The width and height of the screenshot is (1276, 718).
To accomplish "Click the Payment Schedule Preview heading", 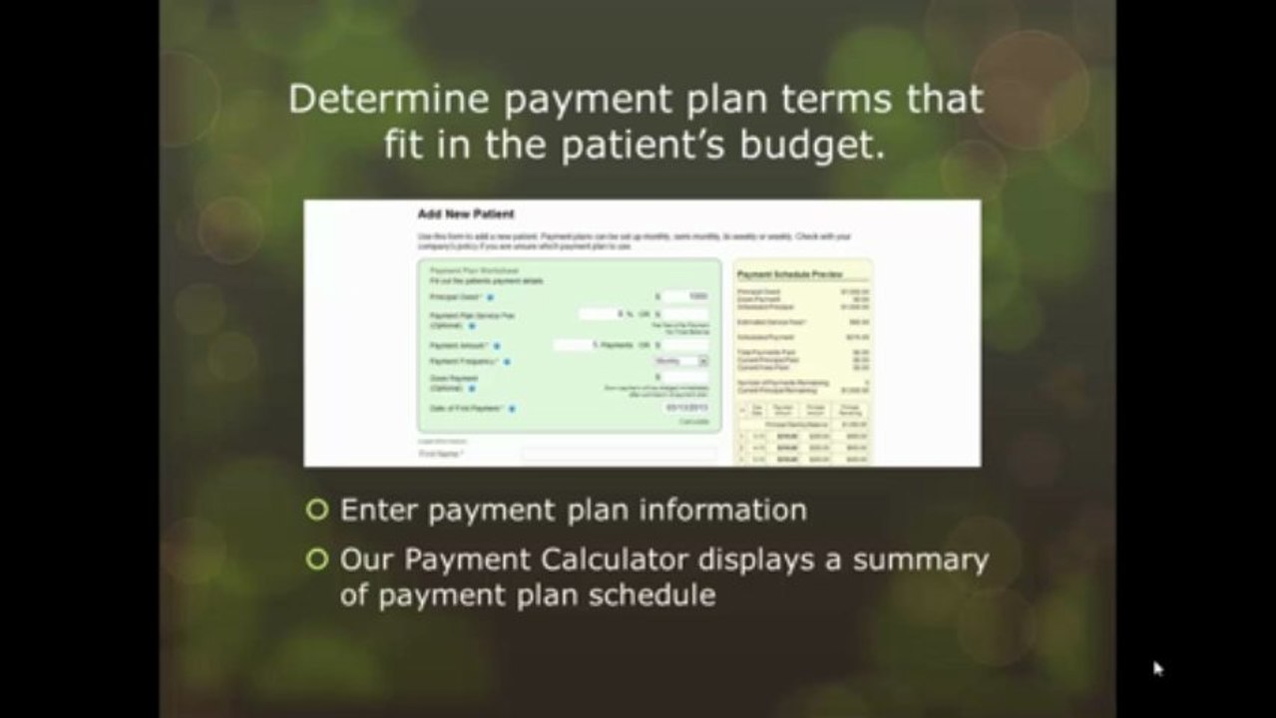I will pyautogui.click(x=789, y=273).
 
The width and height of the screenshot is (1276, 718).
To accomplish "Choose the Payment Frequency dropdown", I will pyautogui.click(x=681, y=360).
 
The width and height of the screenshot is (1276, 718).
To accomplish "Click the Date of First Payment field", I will pyautogui.click(x=686, y=408).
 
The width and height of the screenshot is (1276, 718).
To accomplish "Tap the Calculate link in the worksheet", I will pyautogui.click(x=693, y=422).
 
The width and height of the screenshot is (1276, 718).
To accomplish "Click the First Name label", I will pyautogui.click(x=438, y=454).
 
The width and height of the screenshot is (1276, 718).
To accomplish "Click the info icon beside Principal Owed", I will pyautogui.click(x=491, y=297).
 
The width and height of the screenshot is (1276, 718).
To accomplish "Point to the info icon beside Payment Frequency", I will pyautogui.click(x=507, y=361).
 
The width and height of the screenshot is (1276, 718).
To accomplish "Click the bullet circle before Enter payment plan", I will pyautogui.click(x=317, y=511).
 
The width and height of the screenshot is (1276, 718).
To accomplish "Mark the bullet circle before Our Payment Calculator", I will pyautogui.click(x=317, y=559).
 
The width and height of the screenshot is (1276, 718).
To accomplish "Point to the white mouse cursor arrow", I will pyautogui.click(x=1157, y=668).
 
